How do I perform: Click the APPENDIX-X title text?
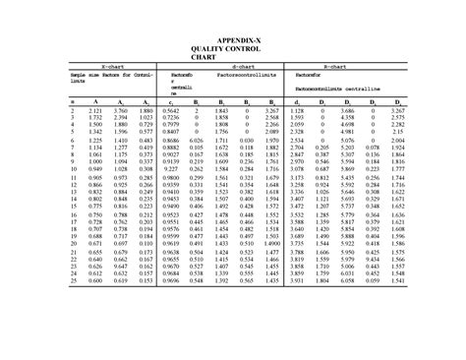232,37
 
